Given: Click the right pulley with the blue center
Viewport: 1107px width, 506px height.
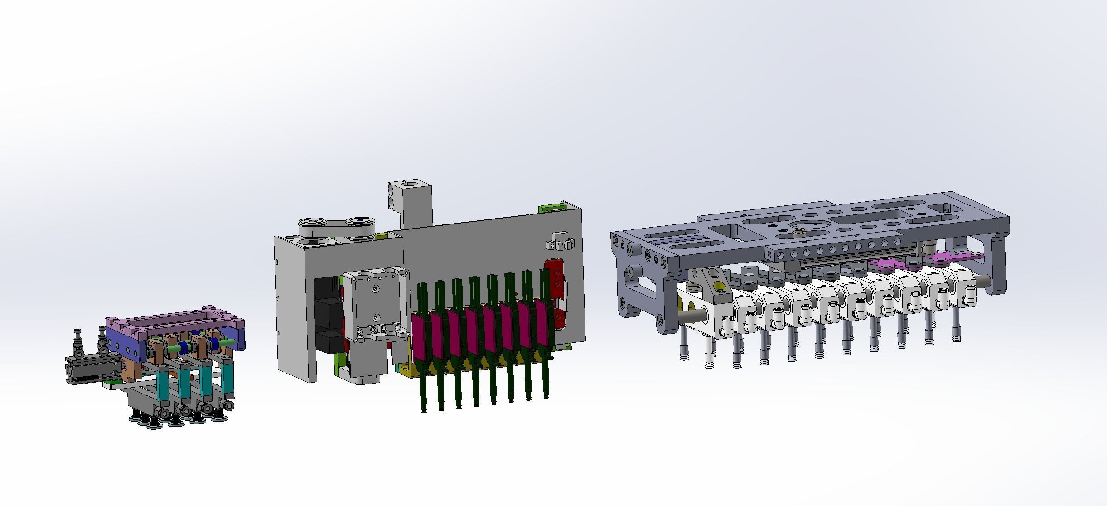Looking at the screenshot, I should click(x=360, y=223).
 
